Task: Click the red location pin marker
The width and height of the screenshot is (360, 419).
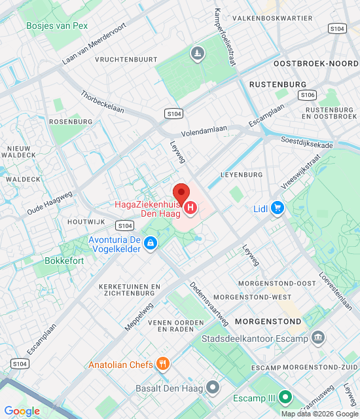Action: coord(181,193)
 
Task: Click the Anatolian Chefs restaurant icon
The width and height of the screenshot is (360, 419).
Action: coord(163,364)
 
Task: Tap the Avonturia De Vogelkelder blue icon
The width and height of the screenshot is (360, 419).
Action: coord(151,244)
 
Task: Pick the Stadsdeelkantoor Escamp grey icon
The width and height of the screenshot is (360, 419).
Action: coord(318,338)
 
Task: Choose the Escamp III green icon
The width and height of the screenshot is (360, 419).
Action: coord(285,397)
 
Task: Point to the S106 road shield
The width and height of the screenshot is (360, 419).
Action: coord(308,96)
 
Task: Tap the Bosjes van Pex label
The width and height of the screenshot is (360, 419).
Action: coord(57,26)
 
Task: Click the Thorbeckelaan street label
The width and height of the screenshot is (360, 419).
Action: coord(102,102)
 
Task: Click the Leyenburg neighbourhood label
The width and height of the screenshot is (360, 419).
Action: coord(241,175)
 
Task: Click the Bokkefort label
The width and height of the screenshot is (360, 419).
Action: coord(64,260)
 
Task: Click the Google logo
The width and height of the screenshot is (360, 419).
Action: coord(22,411)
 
